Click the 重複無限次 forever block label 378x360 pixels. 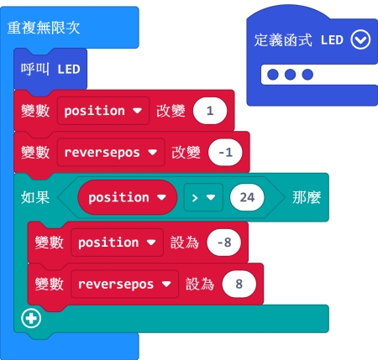pos(44,28)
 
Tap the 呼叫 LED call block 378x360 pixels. pos(50,69)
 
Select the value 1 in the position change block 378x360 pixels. pos(210,111)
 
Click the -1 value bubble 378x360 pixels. pos(225,153)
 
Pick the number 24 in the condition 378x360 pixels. pos(247,197)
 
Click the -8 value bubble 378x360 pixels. pos(224,243)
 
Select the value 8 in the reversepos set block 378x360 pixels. pos(239,284)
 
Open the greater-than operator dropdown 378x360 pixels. pos(203,197)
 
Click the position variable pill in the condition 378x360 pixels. pos(128,197)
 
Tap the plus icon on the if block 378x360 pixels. pos(31,318)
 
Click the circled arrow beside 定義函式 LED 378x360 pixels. pos(360,39)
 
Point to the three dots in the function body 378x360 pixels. pos(291,75)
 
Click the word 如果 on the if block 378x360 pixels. pos(35,197)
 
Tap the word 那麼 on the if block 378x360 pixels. pos(307,197)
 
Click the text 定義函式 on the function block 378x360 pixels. pos(283,40)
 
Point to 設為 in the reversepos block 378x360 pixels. pos(200,284)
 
